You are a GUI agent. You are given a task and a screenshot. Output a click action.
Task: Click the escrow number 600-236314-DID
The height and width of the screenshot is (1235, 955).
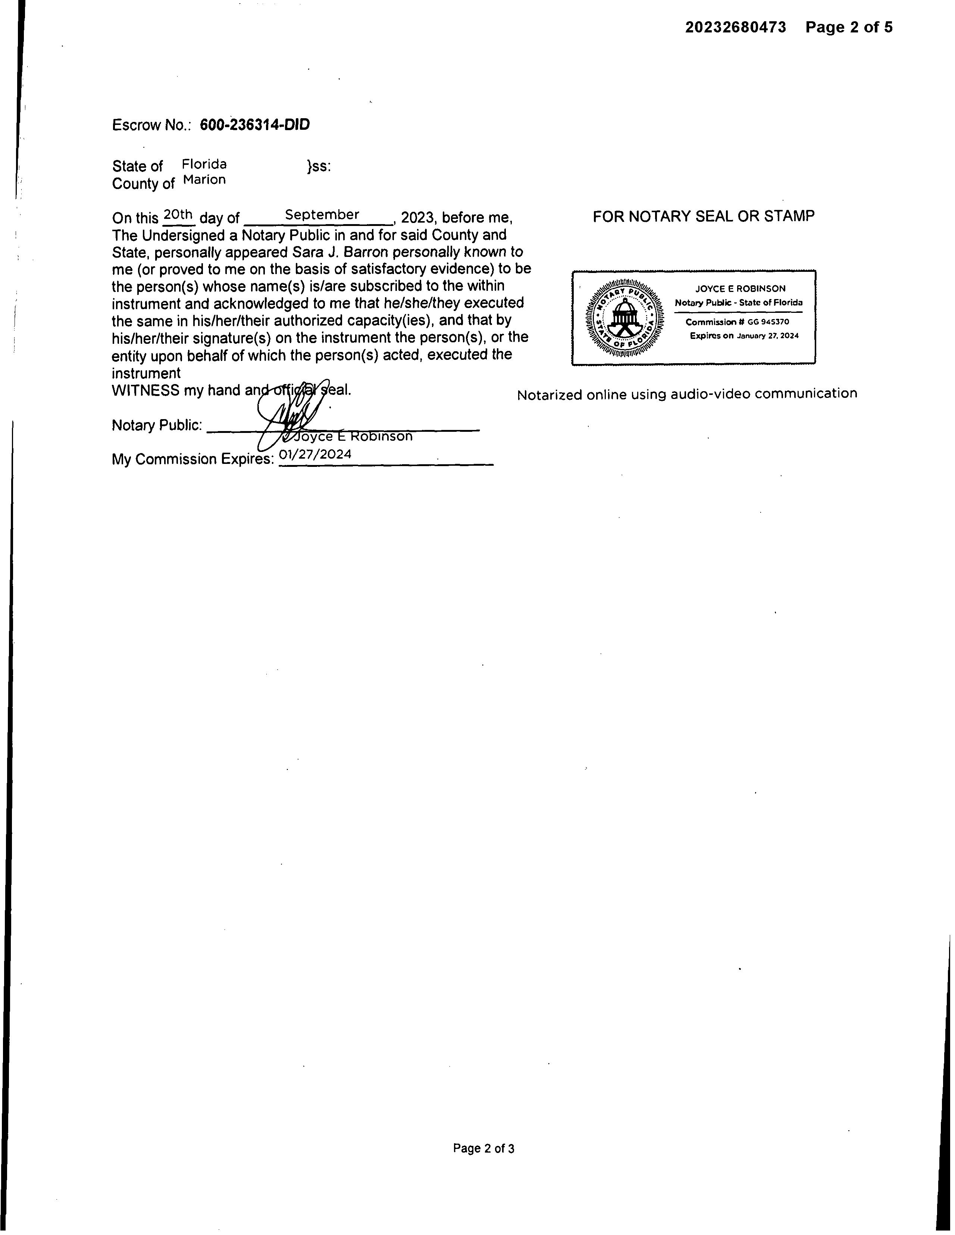pyautogui.click(x=254, y=125)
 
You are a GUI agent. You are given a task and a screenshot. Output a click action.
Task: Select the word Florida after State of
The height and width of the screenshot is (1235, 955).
pyautogui.click(x=204, y=164)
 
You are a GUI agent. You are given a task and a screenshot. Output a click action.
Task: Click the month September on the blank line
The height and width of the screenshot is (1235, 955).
pyautogui.click(x=322, y=215)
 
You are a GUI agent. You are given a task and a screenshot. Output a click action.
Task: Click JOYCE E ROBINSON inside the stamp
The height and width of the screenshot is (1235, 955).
pyautogui.click(x=740, y=288)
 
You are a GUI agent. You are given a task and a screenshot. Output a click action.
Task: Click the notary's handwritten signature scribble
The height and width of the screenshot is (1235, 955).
pyautogui.click(x=291, y=413)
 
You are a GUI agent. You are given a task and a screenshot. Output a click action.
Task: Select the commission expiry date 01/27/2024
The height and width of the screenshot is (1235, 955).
pyautogui.click(x=315, y=455)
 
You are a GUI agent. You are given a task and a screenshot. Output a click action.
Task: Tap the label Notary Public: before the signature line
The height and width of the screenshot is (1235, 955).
pyautogui.click(x=157, y=425)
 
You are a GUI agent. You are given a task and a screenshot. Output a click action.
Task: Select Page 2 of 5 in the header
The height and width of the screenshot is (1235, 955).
pyautogui.click(x=849, y=27)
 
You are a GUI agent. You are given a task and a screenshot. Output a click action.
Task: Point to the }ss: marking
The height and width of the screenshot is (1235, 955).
pyautogui.click(x=319, y=166)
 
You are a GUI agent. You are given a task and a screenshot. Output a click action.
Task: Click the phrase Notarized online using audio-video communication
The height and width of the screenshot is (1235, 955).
pyautogui.click(x=687, y=394)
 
